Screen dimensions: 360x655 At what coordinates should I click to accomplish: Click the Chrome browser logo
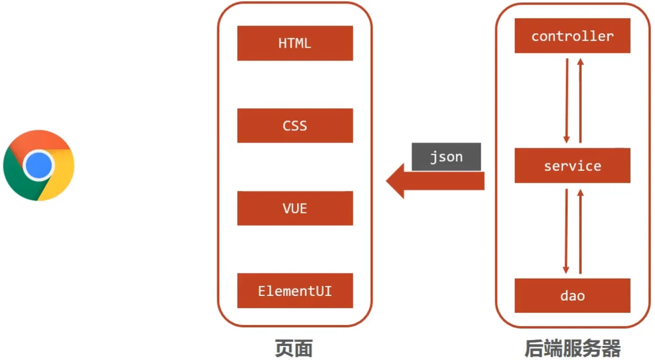click(38, 166)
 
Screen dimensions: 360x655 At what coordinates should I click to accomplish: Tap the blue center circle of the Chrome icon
click(39, 166)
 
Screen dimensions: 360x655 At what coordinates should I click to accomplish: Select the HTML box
click(295, 43)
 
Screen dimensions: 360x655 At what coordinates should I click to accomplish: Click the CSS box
click(295, 126)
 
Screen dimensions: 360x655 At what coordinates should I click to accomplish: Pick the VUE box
click(295, 208)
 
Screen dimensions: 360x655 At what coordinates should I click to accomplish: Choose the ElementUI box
click(295, 291)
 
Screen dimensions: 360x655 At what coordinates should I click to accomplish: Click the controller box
click(572, 36)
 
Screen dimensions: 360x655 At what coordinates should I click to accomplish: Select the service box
click(572, 166)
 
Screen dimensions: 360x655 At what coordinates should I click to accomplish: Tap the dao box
click(572, 295)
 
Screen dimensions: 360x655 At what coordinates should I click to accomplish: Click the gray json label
click(446, 157)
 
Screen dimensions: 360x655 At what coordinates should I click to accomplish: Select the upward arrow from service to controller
click(579, 99)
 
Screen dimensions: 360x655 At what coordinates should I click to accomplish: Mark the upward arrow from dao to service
click(579, 230)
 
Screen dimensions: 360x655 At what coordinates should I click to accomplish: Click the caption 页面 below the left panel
click(294, 348)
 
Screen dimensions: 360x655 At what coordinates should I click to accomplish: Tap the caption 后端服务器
click(572, 348)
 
